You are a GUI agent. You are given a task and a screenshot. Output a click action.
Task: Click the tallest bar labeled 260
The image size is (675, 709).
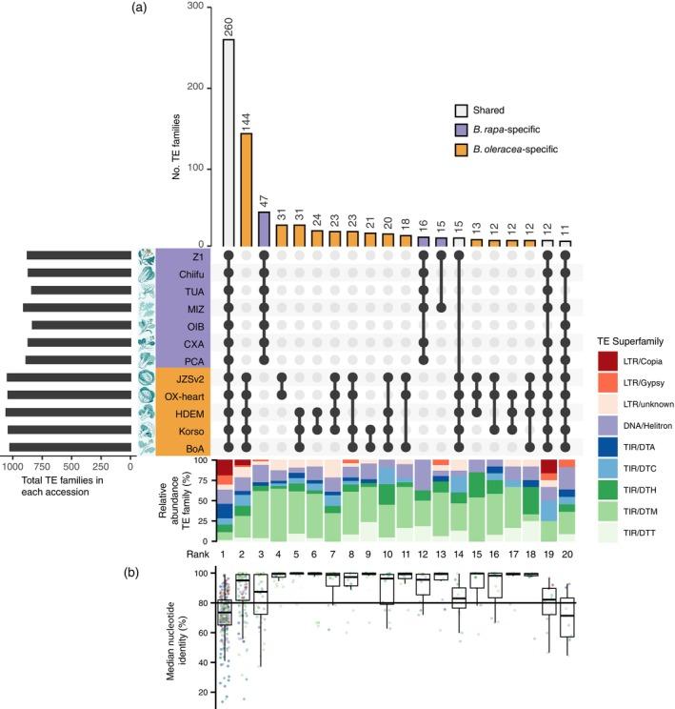tap(228, 142)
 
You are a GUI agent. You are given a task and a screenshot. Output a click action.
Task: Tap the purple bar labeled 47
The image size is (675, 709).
tap(265, 228)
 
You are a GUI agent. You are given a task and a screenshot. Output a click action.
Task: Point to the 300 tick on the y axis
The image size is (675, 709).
tap(197, 7)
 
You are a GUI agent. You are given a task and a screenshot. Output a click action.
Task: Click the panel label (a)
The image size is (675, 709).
tap(139, 8)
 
